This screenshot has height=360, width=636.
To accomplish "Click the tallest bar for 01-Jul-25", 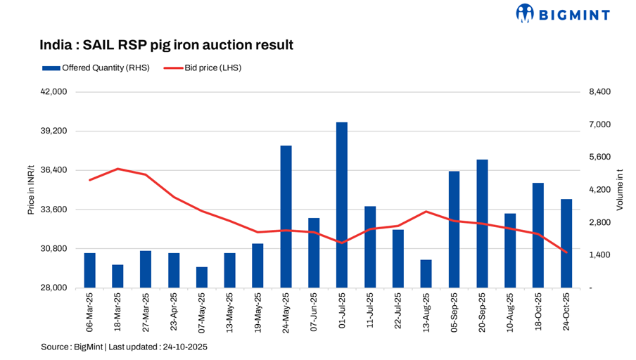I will [342, 205].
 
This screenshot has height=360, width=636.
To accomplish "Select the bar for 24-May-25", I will [286, 217].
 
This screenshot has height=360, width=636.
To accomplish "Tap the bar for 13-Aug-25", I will [426, 274].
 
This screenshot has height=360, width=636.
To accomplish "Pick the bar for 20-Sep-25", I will [482, 224].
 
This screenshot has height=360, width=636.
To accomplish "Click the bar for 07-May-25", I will [202, 277].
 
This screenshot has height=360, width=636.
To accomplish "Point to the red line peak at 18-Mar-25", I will [117, 169].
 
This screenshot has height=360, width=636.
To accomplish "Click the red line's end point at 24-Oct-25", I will [566, 252].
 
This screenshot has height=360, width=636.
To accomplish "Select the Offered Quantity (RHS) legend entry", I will [96, 68].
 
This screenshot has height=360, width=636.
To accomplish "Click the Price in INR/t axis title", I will [31, 190].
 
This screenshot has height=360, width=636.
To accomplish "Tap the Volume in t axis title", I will [620, 190].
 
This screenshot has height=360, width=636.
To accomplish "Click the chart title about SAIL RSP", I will [166, 45].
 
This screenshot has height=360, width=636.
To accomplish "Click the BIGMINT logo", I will [563, 13].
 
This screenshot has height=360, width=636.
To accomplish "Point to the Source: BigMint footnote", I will [124, 347].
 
